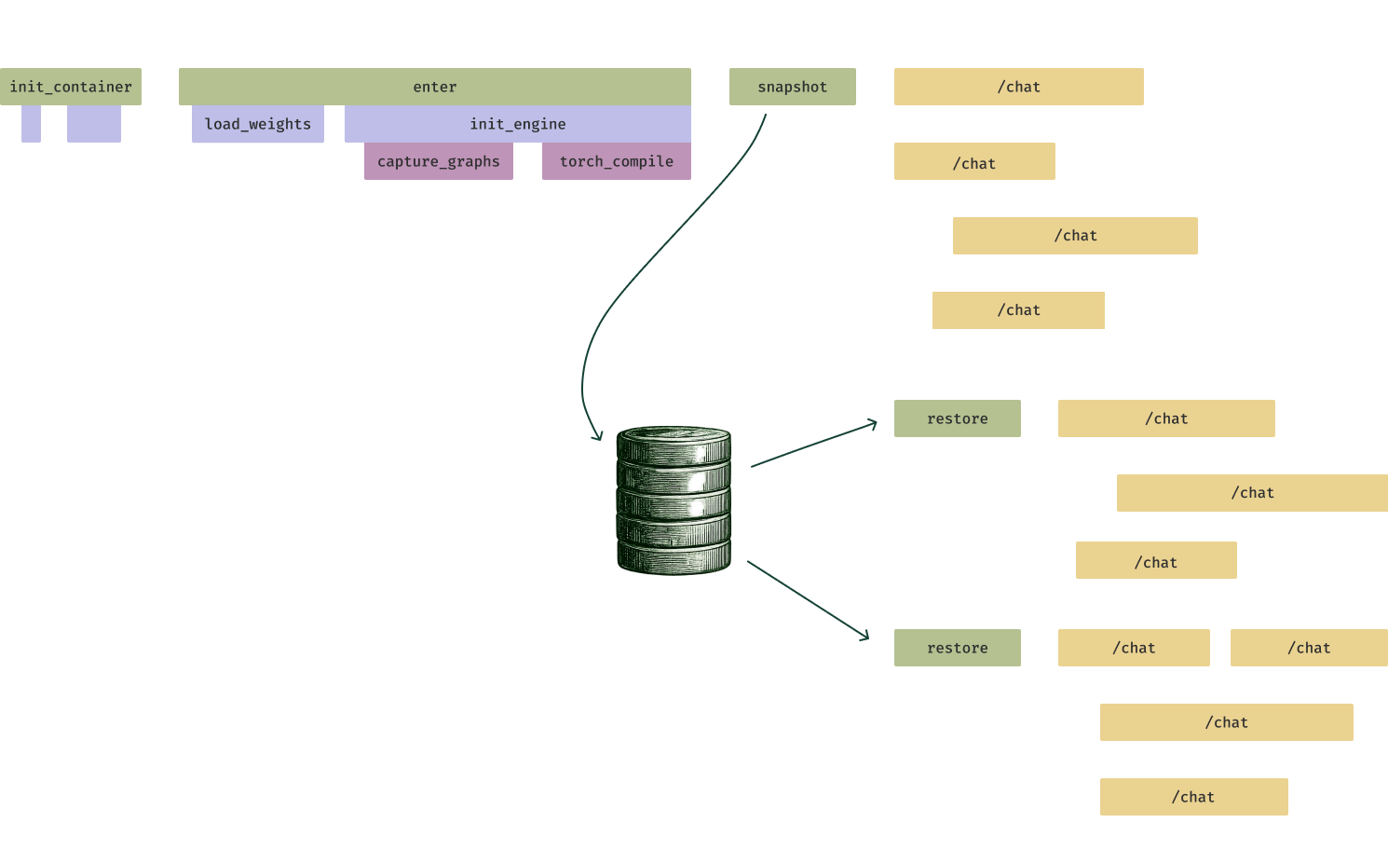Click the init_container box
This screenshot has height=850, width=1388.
[71, 87]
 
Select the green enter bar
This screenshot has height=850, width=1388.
[434, 87]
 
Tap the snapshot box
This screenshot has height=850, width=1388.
[792, 87]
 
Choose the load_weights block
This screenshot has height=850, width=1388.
[257, 124]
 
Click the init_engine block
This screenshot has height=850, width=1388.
[517, 124]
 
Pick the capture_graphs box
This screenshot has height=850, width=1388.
[438, 161]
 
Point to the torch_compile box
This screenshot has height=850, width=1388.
[616, 161]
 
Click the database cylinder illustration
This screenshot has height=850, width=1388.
[674, 500]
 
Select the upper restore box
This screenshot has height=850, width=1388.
[957, 418]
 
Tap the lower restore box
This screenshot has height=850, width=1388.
[957, 648]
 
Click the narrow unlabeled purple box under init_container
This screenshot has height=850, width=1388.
[31, 124]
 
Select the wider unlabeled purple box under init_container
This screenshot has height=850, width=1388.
[93, 124]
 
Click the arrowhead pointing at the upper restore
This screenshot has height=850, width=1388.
[870, 425]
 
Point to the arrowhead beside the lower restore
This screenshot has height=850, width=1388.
[862, 637]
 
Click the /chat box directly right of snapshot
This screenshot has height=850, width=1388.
[1018, 87]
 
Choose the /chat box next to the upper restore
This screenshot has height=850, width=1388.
[1166, 418]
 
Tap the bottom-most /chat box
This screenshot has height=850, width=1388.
[1193, 797]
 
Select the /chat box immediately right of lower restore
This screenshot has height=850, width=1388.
[1134, 648]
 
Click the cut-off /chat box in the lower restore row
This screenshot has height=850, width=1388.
[1309, 648]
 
